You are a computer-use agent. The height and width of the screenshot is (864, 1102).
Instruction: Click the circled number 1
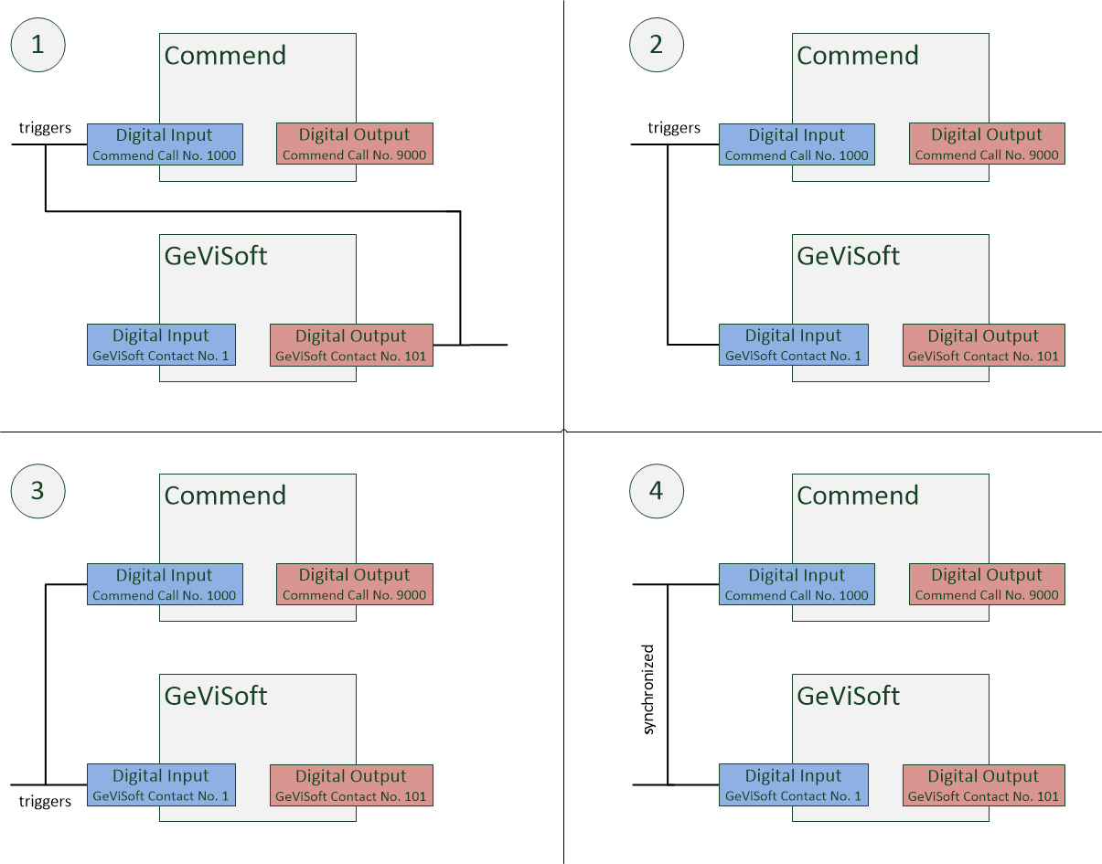(x=38, y=45)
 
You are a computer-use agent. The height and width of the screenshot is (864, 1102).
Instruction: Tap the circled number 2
(x=657, y=45)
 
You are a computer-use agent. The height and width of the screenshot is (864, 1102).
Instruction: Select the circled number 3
(x=38, y=491)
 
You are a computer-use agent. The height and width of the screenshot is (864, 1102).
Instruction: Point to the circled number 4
(x=657, y=491)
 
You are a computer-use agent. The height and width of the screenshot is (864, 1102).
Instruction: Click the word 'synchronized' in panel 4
(x=648, y=689)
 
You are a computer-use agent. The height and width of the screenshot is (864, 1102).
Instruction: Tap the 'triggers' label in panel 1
(x=45, y=127)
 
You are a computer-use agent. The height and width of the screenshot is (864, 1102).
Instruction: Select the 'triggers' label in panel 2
(x=674, y=127)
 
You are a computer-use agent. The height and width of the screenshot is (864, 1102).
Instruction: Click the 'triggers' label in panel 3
(x=45, y=801)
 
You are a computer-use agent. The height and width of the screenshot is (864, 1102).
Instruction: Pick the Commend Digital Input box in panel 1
(x=165, y=144)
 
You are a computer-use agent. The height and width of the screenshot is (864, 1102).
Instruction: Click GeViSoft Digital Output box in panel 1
(x=351, y=345)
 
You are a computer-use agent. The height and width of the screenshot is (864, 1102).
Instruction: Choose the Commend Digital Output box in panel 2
(x=987, y=144)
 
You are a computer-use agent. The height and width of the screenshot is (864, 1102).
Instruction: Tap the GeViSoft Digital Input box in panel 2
(x=794, y=345)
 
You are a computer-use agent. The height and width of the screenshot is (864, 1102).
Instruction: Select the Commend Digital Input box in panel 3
(x=165, y=584)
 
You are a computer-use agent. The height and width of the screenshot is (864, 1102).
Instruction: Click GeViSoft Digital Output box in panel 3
(x=351, y=785)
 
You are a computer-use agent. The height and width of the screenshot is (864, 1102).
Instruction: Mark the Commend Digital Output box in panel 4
(x=987, y=584)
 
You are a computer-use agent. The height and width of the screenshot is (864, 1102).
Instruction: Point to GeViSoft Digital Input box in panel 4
(x=794, y=785)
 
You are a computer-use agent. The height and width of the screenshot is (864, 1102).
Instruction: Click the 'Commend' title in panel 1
(x=225, y=55)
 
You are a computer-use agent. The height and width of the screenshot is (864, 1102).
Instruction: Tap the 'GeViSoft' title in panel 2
(x=849, y=256)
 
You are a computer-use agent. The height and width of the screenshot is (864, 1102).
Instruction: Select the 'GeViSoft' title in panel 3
(x=216, y=696)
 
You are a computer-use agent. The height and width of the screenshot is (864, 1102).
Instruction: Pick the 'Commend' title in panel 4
(x=858, y=496)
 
